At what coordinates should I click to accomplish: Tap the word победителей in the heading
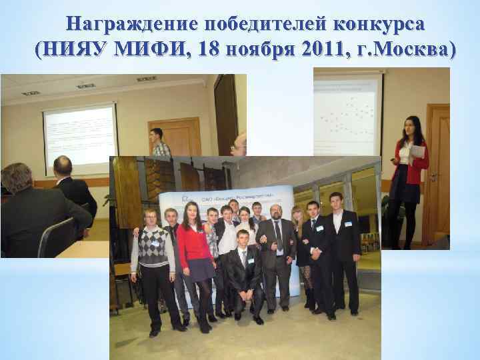(x=252, y=24)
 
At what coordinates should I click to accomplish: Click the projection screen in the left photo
(x=79, y=137)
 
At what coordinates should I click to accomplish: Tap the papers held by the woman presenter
(x=416, y=153)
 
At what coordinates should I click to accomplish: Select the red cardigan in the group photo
(x=193, y=240)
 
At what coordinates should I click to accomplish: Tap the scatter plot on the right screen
(x=347, y=113)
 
